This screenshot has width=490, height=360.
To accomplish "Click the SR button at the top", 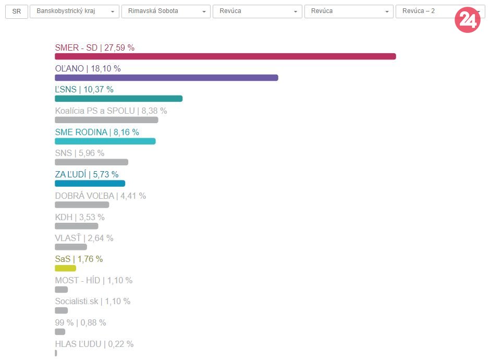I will click(x=17, y=11).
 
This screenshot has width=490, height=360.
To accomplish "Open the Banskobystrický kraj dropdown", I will click(x=75, y=11).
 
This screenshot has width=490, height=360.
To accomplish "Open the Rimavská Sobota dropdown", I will click(x=166, y=11).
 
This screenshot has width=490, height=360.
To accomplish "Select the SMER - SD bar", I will click(x=225, y=56).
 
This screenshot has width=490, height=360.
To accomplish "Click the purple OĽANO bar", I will click(x=166, y=78).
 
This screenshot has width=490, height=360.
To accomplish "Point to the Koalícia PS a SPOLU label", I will click(x=111, y=111).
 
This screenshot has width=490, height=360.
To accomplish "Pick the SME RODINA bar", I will click(x=105, y=141).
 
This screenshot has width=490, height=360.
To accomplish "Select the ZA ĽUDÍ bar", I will click(x=90, y=184).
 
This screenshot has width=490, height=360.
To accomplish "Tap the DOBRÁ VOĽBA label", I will click(x=100, y=196).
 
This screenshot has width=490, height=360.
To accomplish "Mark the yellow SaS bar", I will click(x=65, y=268).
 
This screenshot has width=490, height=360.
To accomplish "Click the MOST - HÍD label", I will click(x=93, y=280).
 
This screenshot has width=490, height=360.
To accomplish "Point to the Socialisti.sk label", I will click(x=92, y=302).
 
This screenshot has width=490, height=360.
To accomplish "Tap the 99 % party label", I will click(x=80, y=323).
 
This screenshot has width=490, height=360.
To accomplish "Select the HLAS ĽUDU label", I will click(x=94, y=344).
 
